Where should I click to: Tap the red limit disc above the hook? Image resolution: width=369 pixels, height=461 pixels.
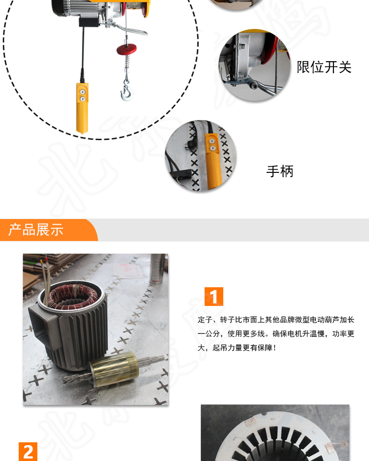(127, 49)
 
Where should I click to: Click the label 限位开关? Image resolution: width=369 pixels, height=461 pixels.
(324, 67)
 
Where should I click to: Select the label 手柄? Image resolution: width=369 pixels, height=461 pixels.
(280, 171)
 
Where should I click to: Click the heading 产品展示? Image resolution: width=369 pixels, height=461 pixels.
(36, 230)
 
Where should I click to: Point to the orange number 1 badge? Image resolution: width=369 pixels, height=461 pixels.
(214, 296)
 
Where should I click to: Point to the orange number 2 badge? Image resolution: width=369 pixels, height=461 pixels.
(28, 452)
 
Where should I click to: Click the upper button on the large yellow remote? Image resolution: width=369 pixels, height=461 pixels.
(83, 92)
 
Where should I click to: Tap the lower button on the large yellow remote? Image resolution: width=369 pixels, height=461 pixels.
(83, 99)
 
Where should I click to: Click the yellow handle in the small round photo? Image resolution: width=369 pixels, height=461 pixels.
(213, 160)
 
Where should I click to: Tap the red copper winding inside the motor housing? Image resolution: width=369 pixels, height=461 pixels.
(72, 296)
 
